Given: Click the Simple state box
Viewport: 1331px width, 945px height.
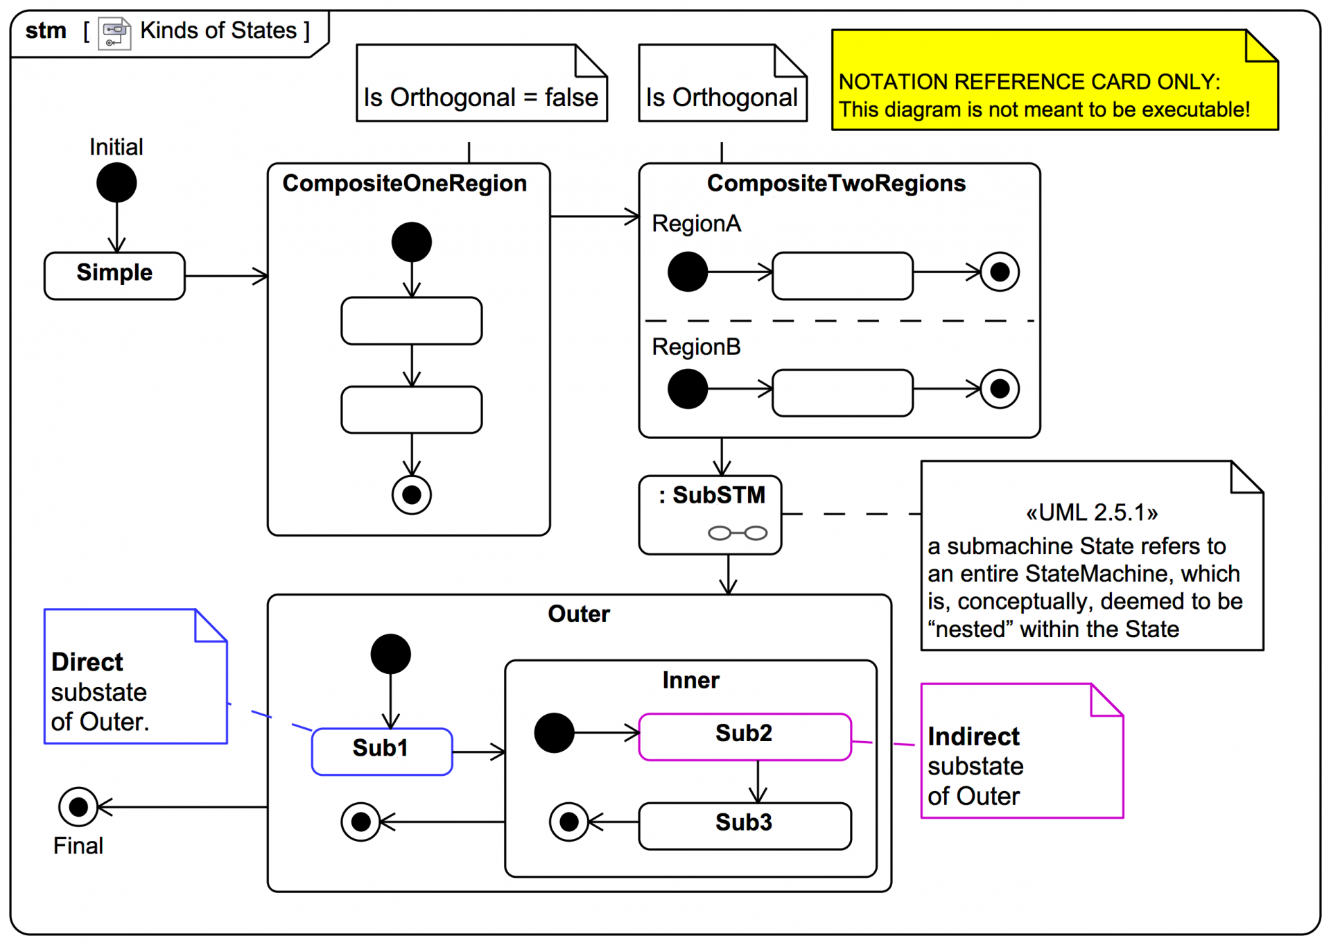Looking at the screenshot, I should [x=114, y=275].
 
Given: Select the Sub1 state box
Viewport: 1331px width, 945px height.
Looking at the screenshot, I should [x=382, y=751].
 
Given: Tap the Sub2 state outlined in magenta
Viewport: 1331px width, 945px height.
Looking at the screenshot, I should [x=745, y=736].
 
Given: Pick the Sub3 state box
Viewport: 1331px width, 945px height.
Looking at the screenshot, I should [x=745, y=825].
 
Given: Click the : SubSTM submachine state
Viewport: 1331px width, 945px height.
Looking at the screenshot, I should [x=710, y=514].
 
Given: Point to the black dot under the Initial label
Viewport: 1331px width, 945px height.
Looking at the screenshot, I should [x=116, y=182].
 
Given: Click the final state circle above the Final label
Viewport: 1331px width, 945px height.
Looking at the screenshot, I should [x=78, y=806].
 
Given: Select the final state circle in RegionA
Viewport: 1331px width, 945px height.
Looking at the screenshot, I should [x=999, y=272].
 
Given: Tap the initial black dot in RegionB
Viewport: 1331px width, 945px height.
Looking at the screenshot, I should [x=687, y=388].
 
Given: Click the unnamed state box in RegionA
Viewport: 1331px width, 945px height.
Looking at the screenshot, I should [x=842, y=275].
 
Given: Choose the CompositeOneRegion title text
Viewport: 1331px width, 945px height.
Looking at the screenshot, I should [x=404, y=183].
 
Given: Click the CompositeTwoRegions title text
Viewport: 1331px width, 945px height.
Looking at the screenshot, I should [x=835, y=183].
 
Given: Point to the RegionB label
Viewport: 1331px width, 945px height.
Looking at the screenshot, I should [x=696, y=347].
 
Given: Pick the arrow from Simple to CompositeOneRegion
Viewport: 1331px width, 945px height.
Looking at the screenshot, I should [x=226, y=276].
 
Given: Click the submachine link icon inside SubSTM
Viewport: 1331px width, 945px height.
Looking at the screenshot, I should [x=737, y=532].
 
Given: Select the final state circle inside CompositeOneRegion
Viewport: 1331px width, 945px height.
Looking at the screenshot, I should [x=411, y=494].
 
